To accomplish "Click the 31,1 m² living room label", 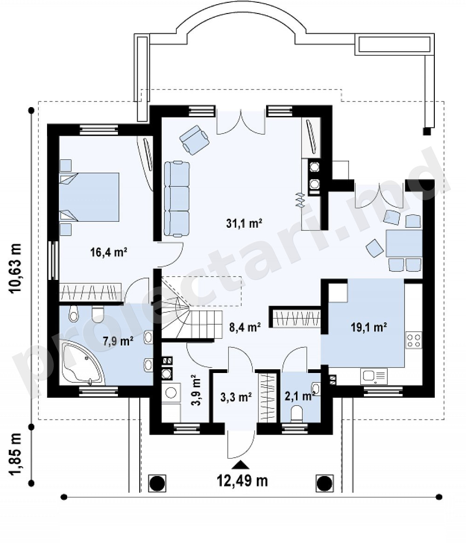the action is [x=244, y=224].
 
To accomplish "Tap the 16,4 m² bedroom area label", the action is [x=109, y=252].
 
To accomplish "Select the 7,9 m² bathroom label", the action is [x=118, y=341].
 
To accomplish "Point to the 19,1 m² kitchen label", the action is [x=369, y=327].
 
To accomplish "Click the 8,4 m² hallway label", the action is [x=245, y=326].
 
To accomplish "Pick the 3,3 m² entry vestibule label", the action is [x=236, y=397].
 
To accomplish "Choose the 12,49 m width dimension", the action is [x=242, y=481].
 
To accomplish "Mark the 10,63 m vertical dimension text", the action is [x=15, y=268].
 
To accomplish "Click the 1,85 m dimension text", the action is [x=15, y=455].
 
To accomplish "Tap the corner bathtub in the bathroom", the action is [x=82, y=363].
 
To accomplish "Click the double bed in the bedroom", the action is [x=89, y=197].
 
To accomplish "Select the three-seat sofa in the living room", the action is [x=177, y=199].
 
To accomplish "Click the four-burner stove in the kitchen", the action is [x=414, y=339].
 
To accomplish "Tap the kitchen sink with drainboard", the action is [x=374, y=376].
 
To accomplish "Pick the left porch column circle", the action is [x=157, y=483].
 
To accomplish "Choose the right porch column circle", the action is [x=324, y=483].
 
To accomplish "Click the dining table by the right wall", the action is [x=404, y=244].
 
